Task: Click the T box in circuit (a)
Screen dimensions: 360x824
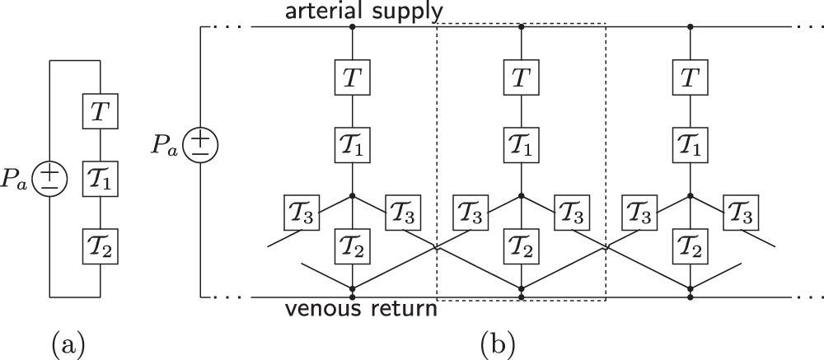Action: tap(98, 110)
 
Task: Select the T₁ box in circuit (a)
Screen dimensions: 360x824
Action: tap(98, 179)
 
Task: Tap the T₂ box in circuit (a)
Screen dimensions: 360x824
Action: tap(98, 245)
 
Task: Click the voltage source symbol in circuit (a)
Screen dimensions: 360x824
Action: tap(49, 179)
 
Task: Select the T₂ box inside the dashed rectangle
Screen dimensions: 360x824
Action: tap(521, 246)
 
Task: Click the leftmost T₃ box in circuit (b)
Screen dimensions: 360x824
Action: tap(301, 213)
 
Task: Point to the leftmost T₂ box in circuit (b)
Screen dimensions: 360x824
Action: tap(353, 246)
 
